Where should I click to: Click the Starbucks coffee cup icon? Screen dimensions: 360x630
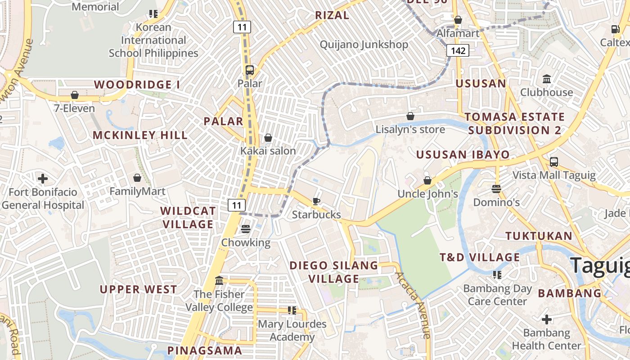(316, 201)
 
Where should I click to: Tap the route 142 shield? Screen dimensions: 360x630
(458, 50)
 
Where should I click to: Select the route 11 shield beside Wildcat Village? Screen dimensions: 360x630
(237, 206)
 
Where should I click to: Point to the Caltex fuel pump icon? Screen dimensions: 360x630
(615, 29)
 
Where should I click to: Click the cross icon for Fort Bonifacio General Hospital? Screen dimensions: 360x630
(43, 179)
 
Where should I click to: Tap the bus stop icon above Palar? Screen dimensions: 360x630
(250, 70)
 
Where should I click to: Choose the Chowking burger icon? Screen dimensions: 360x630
(246, 229)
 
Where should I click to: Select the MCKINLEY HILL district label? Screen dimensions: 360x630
(140, 135)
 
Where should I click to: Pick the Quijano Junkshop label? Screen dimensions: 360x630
(364, 45)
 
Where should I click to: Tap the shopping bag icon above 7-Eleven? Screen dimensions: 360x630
(75, 95)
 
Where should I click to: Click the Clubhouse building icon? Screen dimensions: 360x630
(547, 79)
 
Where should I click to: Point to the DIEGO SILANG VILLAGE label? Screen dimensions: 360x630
(333, 272)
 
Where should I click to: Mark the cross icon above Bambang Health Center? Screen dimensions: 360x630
(547, 319)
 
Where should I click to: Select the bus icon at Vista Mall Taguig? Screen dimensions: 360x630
(554, 162)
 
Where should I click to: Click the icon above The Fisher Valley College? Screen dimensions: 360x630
(219, 281)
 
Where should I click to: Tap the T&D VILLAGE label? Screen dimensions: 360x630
(480, 257)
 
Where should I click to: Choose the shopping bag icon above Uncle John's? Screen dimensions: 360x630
(427, 180)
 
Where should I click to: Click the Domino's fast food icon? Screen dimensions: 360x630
(496, 189)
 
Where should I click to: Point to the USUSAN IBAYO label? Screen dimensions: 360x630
(463, 155)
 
